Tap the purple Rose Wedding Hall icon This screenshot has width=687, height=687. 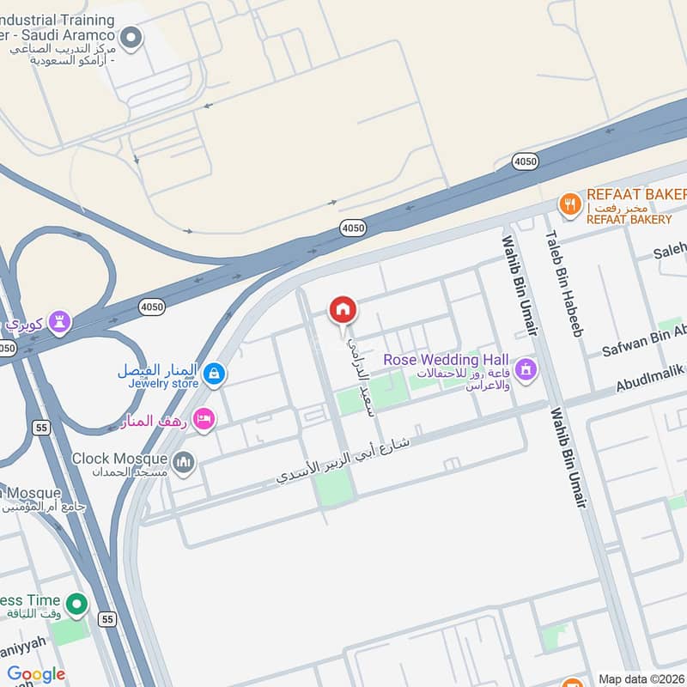[x=526, y=371]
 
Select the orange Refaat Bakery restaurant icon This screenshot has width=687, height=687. [x=568, y=204]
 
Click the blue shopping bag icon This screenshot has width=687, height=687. [x=216, y=374]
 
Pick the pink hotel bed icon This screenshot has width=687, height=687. [x=204, y=418]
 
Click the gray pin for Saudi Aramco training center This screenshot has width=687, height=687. [x=131, y=37]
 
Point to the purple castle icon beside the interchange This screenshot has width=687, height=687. [x=59, y=322]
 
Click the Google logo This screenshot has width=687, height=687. [x=35, y=674]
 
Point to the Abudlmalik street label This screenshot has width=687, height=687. [x=650, y=377]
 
